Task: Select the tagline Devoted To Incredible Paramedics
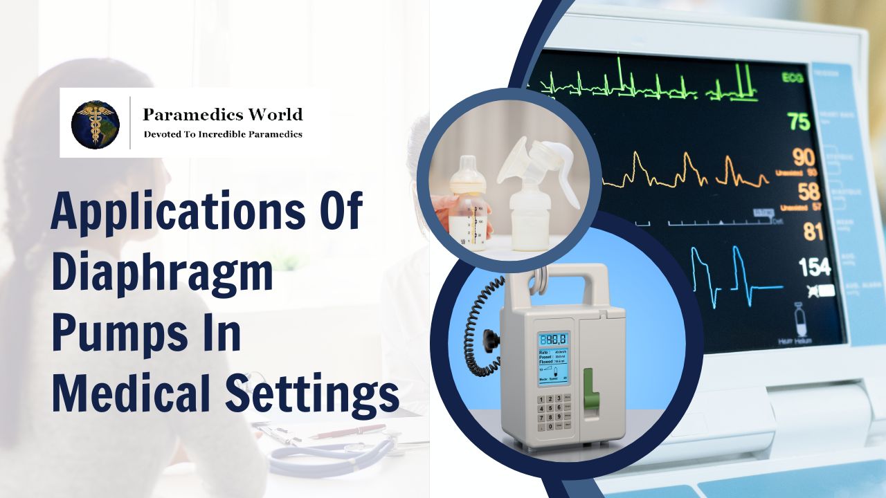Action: click(x=223, y=134)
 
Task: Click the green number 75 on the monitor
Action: click(x=798, y=122)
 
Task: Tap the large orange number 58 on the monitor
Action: click(x=808, y=192)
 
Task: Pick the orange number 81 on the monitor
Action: click(x=813, y=231)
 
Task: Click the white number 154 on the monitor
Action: click(x=814, y=266)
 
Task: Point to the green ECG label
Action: click(x=793, y=78)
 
